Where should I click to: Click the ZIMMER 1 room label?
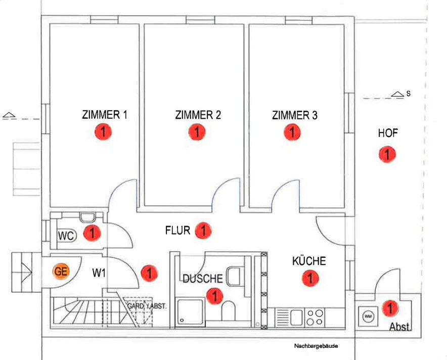104,115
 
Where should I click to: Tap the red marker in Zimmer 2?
197,132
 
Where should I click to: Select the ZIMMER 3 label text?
294,115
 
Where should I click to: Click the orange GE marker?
61,271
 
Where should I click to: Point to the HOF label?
388,133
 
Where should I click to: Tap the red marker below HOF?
387,155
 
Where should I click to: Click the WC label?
66,236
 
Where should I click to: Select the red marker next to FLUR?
203,230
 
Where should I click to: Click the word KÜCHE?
309,261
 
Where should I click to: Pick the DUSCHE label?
203,279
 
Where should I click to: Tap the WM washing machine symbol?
368,316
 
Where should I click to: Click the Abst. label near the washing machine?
400,327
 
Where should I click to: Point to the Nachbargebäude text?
316,346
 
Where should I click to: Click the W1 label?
99,273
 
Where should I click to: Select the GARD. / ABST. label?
147,306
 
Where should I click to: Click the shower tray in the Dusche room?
191,312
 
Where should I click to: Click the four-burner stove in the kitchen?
315,318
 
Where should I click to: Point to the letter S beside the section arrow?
408,94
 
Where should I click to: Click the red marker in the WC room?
92,233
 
